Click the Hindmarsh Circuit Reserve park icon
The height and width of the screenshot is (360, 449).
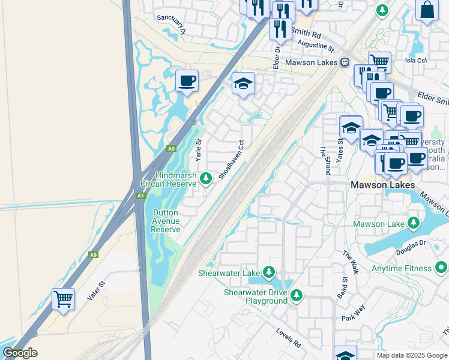206,178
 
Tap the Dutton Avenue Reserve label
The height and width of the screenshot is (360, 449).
166,221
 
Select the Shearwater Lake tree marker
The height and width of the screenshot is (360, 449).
269,273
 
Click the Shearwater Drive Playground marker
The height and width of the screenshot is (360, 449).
296,295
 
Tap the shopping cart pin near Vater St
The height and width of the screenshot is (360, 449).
63,298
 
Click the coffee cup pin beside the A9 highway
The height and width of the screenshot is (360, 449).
187,80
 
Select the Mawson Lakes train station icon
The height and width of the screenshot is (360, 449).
345,62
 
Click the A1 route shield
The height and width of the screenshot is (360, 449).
140,196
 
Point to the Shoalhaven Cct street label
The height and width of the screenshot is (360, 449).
232,160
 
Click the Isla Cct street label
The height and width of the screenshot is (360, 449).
415,60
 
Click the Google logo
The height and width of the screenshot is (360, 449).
20,353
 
